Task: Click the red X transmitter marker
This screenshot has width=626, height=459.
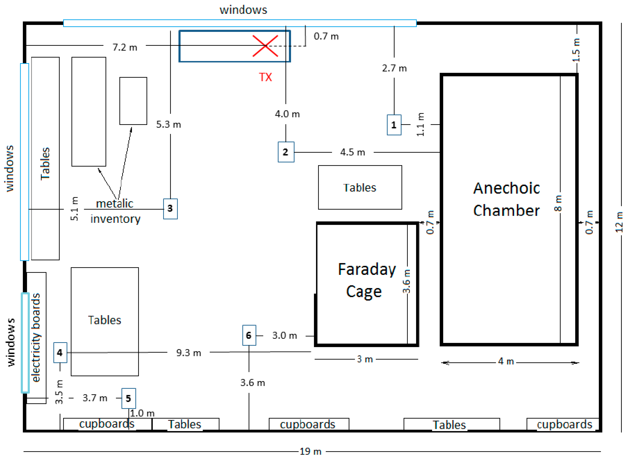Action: (x=265, y=46)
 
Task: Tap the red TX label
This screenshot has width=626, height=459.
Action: (x=265, y=77)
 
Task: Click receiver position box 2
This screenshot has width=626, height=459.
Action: (x=286, y=152)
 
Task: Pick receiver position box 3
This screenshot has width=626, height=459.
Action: (x=170, y=209)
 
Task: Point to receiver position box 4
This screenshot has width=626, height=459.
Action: (x=60, y=352)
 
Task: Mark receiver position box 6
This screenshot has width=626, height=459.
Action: (x=249, y=335)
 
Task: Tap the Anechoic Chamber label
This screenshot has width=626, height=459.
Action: (x=506, y=199)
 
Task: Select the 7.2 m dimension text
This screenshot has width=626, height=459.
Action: (x=125, y=47)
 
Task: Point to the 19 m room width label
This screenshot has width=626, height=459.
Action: (x=310, y=451)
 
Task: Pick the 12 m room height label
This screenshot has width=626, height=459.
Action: (x=619, y=222)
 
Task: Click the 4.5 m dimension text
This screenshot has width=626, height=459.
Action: (x=352, y=152)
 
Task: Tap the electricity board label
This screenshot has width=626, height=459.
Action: (x=36, y=338)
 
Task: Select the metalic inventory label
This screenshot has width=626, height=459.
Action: (x=115, y=211)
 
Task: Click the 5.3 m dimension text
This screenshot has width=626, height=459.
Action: (x=168, y=124)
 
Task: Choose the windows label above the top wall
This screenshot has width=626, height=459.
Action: (x=243, y=10)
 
